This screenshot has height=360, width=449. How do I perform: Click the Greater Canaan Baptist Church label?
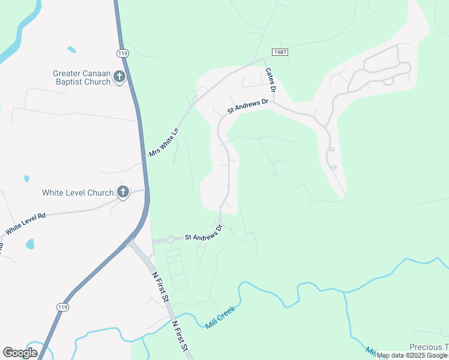(x=82, y=77)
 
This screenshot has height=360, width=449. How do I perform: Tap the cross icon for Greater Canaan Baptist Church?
(x=119, y=77)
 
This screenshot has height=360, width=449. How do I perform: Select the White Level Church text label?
(x=77, y=193)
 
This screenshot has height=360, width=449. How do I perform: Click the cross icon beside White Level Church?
(x=123, y=193)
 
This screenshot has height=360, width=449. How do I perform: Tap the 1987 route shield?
(x=280, y=52)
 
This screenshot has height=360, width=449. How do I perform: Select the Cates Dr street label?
(x=271, y=79)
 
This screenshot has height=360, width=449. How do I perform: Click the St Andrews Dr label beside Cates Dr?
(x=248, y=107)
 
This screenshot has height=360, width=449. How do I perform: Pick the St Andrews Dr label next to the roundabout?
(x=203, y=233)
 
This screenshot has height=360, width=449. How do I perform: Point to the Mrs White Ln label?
(x=164, y=143)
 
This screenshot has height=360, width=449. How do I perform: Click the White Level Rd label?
(x=26, y=224)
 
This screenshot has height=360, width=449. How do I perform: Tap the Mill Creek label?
(x=220, y=316)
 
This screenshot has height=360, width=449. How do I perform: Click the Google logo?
(x=20, y=353)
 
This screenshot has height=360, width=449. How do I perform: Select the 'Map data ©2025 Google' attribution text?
(x=412, y=356)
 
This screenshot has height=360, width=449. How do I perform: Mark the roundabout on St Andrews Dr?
(x=170, y=239)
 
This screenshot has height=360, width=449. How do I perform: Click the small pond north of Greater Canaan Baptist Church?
(x=72, y=49)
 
